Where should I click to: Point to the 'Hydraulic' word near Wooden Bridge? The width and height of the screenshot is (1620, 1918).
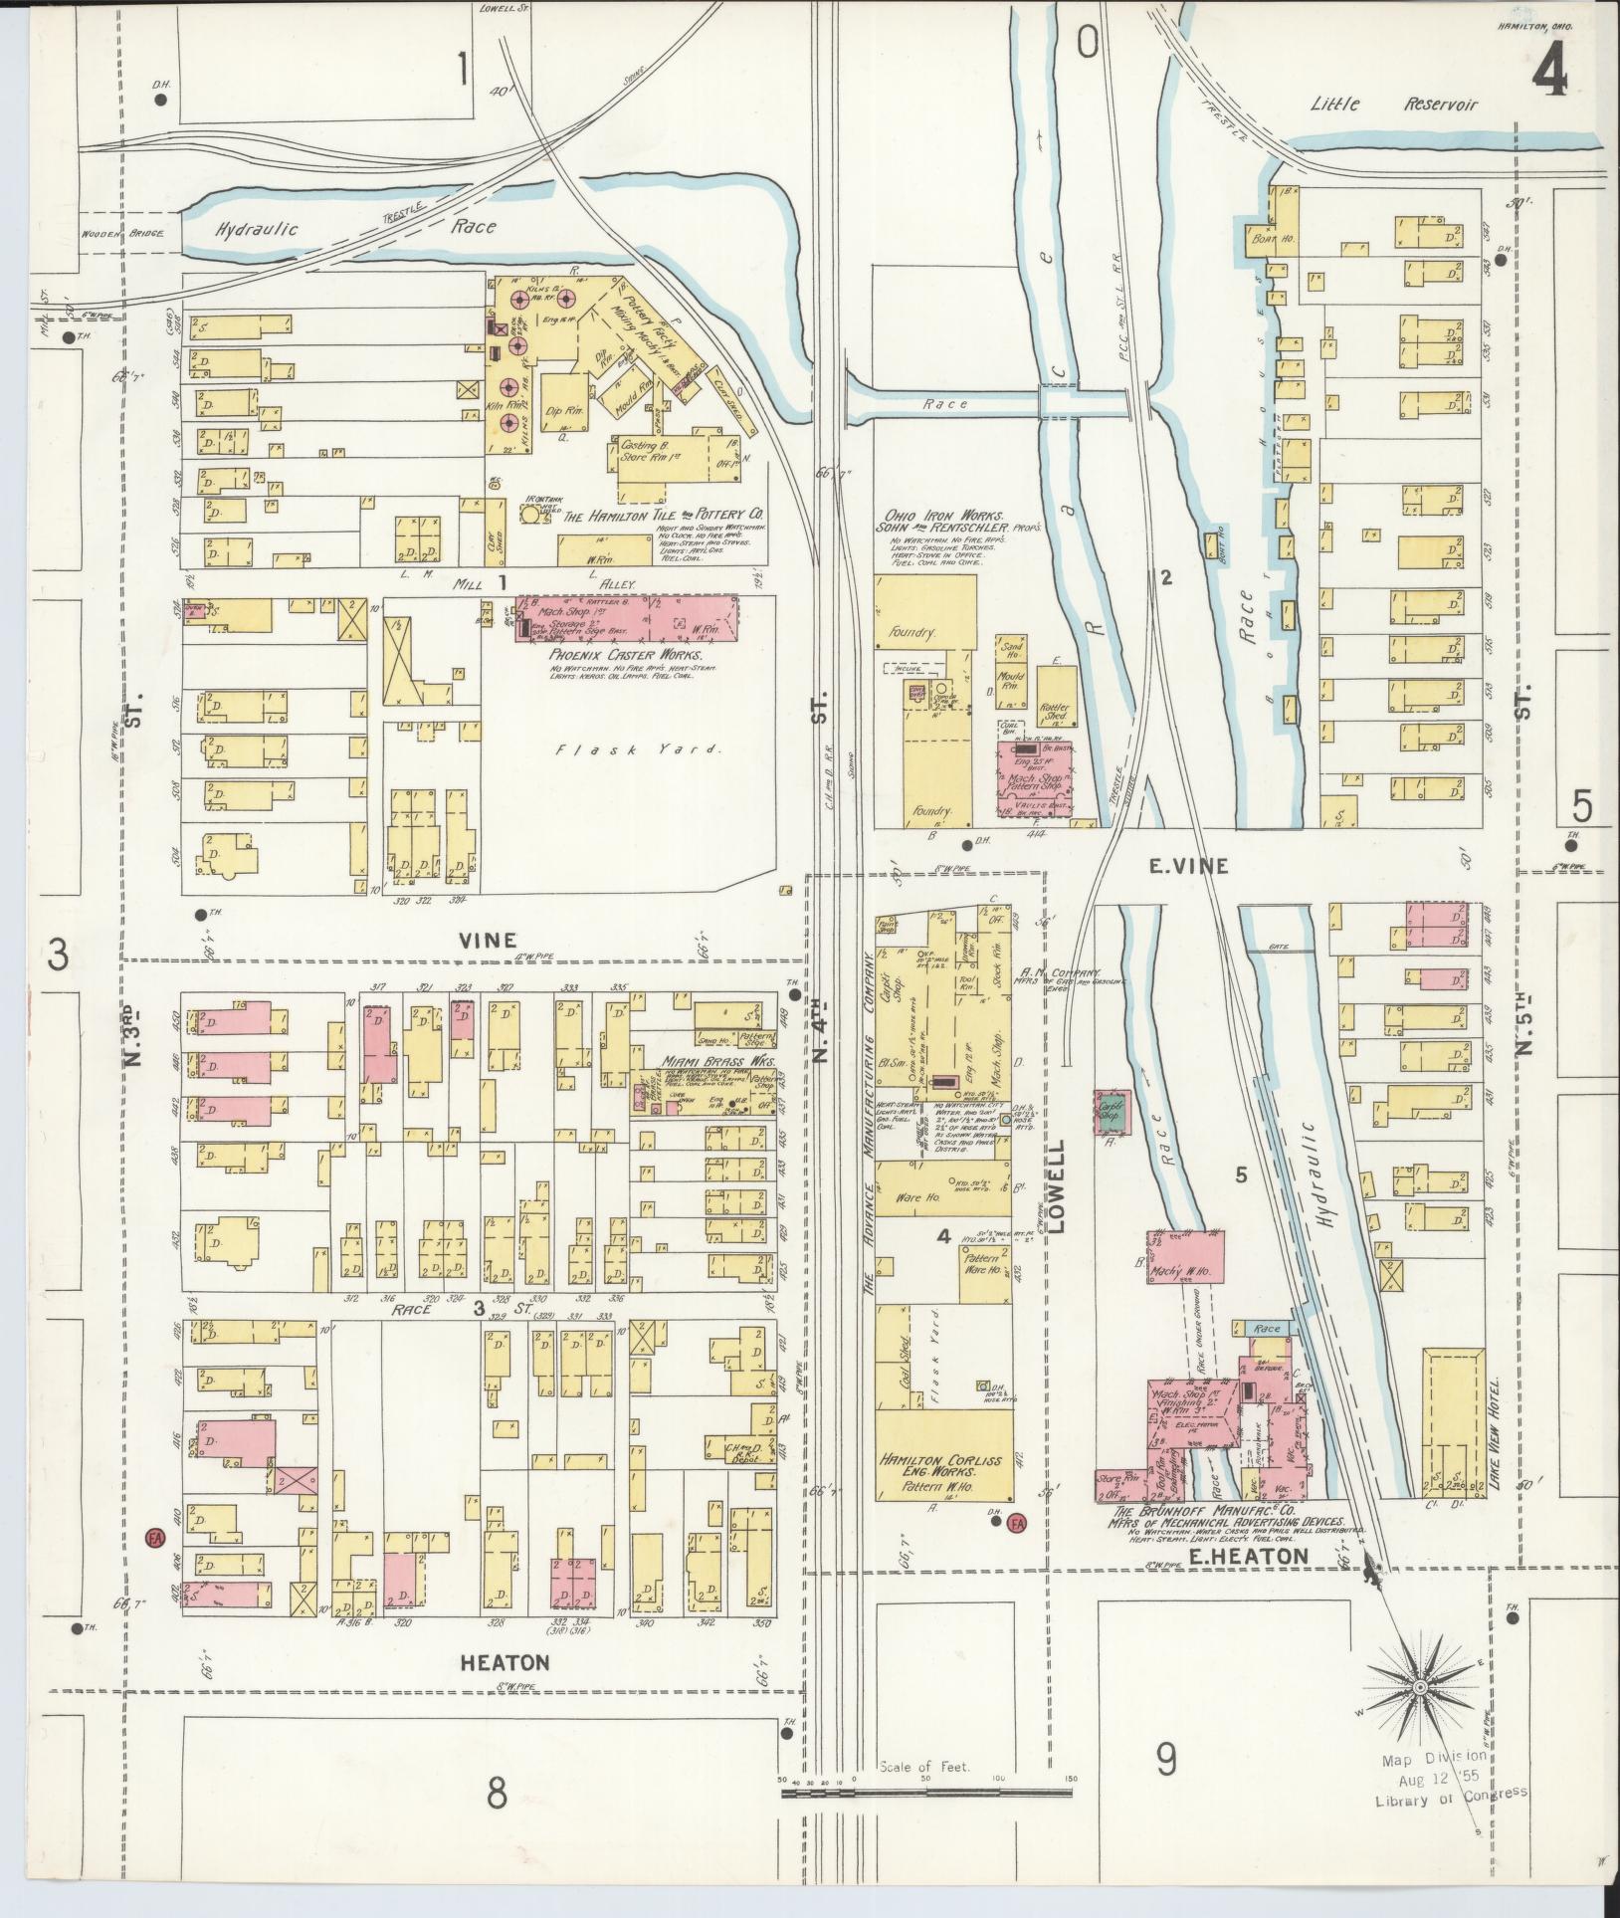[257, 229]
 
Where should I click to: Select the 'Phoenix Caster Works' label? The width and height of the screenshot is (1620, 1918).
[625, 656]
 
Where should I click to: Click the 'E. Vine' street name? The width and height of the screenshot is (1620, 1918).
[1188, 866]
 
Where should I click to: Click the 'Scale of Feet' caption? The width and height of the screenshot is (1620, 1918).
[924, 1768]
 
